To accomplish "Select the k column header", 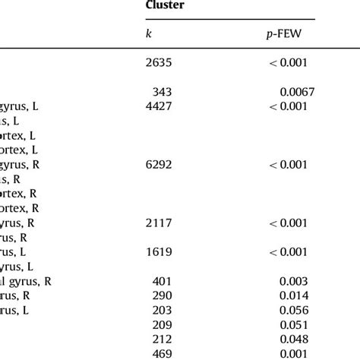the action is [148, 33].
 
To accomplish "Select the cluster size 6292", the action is [159, 163].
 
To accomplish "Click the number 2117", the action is [159, 222].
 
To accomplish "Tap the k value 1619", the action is [159, 251].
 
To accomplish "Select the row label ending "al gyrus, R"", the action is [26, 280].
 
